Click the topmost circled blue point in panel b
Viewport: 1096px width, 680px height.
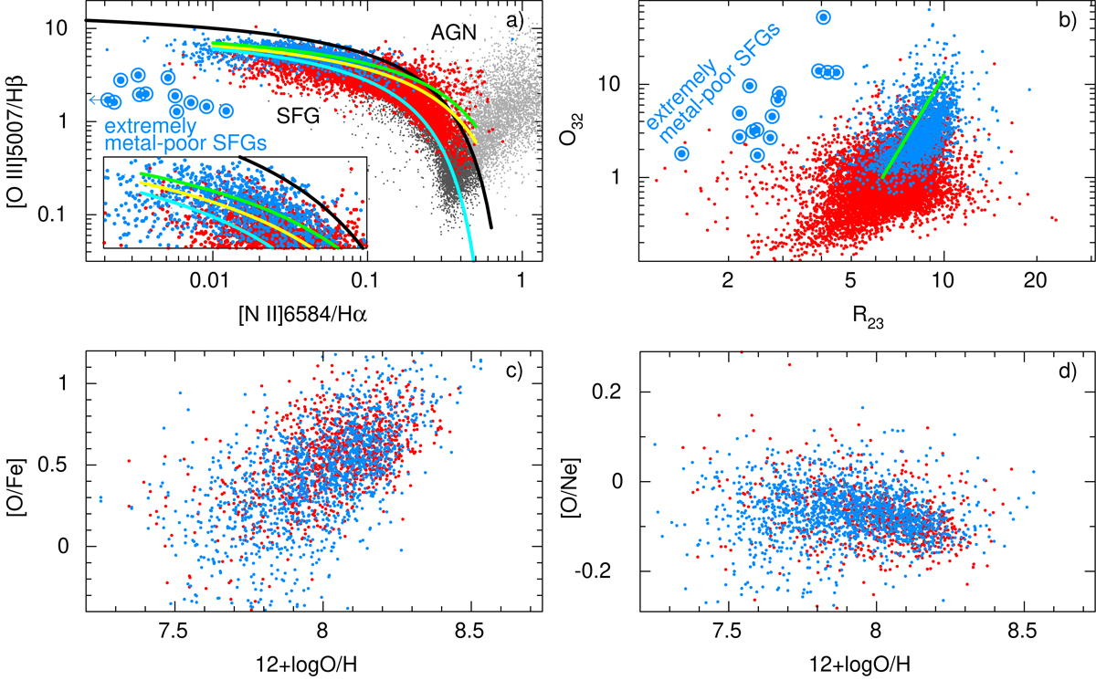(x=823, y=17)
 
